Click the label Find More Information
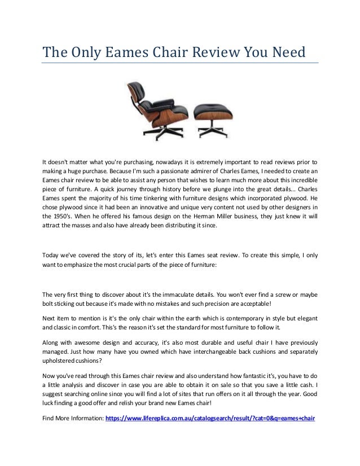(x=73, y=419)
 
